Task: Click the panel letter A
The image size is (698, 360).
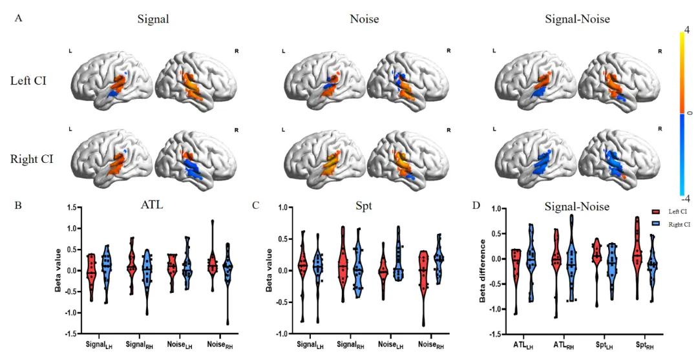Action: coord(19,18)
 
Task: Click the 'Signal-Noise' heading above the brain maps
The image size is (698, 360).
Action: coord(577,19)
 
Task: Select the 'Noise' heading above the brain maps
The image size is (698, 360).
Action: coord(365,19)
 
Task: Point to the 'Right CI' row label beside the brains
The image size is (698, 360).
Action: coord(32,158)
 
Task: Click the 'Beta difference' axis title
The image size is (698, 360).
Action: coord(482,271)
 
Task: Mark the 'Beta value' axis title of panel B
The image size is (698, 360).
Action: coord(58,271)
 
